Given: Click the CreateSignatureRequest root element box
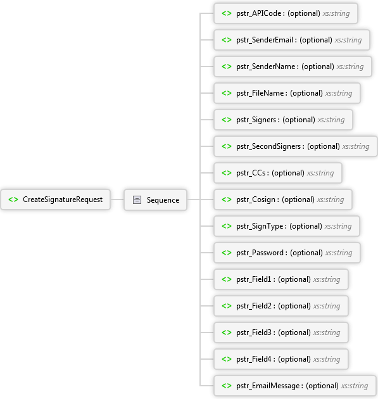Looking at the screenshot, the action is tap(56, 199).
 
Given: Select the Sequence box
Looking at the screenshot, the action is tap(155, 199).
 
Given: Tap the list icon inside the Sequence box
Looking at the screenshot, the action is tap(137, 199).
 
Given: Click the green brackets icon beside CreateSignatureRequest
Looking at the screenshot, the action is tap(13, 199).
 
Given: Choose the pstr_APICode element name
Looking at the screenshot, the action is tap(259, 13).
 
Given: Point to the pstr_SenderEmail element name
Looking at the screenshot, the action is tap(265, 40).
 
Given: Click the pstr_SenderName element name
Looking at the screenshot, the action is tap(265, 66).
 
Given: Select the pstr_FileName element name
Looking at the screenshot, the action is tap(260, 93).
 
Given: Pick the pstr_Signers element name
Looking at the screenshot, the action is tap(256, 120).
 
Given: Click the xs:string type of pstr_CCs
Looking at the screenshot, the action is tap(320, 173).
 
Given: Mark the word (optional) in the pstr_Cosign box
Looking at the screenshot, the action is tap(298, 199).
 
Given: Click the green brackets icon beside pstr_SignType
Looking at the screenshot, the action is tap(227, 226).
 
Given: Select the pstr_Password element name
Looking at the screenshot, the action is tap(260, 253).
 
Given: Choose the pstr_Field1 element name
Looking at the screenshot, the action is tap(254, 279).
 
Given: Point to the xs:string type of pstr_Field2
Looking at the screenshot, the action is tap(327, 306).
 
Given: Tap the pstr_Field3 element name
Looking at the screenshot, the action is tap(254, 332).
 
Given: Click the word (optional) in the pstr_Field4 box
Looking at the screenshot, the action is tap(294, 359).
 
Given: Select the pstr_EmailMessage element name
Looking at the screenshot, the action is tap(268, 386).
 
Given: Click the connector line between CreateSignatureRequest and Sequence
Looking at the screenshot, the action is tap(117, 199).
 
